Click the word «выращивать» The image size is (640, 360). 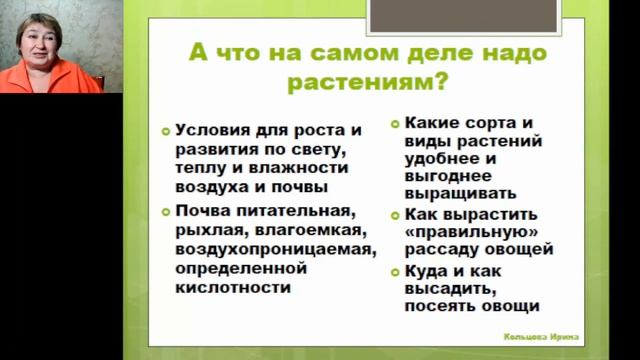click(x=462, y=194)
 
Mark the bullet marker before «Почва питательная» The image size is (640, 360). click(x=167, y=211)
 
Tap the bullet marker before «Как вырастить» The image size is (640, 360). click(x=396, y=215)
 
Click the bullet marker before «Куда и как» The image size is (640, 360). click(x=396, y=272)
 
